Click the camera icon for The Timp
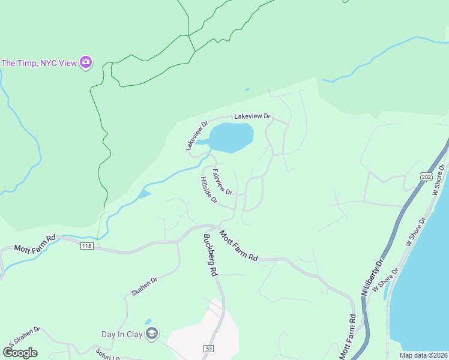click(x=86, y=62)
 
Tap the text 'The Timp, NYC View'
click(x=39, y=63)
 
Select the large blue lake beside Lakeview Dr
click(x=232, y=137)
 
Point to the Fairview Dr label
click(x=221, y=180)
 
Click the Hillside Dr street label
click(x=208, y=190)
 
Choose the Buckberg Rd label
click(x=209, y=254)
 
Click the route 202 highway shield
click(x=426, y=176)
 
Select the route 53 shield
click(x=209, y=348)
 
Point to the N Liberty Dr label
click(x=372, y=277)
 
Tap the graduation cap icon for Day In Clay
click(x=152, y=334)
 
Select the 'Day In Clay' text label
click(x=121, y=335)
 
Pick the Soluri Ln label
click(x=107, y=353)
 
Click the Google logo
click(x=20, y=352)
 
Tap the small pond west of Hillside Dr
click(x=144, y=194)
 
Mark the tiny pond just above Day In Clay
click(x=148, y=322)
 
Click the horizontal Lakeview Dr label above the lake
click(x=252, y=116)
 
